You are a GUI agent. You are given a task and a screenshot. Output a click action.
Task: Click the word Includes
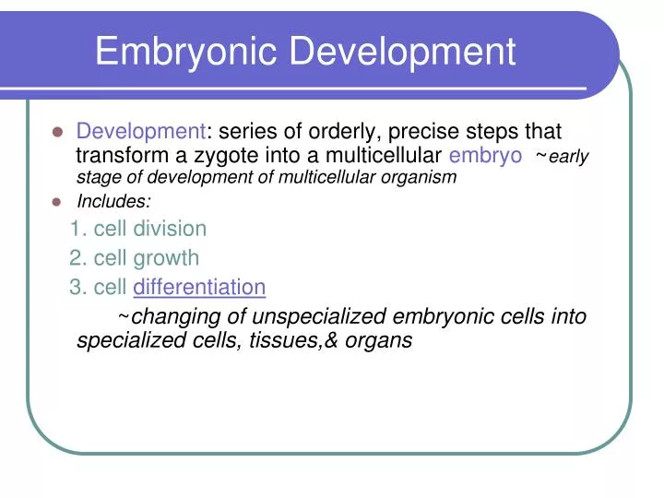113,201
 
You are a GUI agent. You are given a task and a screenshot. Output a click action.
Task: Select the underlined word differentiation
199,288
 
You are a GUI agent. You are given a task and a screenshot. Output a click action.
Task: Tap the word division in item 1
170,228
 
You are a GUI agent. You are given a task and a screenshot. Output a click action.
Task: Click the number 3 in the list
75,288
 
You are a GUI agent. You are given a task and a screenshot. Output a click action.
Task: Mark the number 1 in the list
75,228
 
